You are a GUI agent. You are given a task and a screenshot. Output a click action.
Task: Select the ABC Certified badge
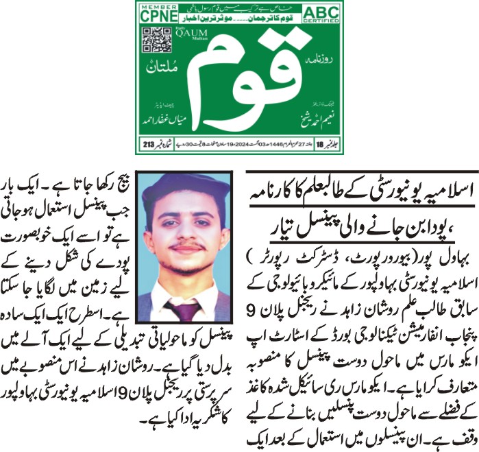coord(323,14)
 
